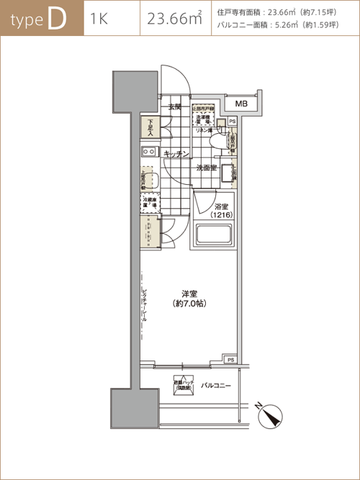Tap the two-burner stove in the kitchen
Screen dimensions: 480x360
tap(149, 153)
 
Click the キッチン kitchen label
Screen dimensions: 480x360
tap(176, 153)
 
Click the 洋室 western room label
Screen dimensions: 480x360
tap(189, 294)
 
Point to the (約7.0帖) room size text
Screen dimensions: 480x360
tap(189, 304)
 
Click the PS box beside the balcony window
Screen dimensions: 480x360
tap(231, 359)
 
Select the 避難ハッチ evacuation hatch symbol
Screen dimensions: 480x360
tap(183, 386)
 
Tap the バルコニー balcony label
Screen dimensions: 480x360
tap(216, 386)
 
